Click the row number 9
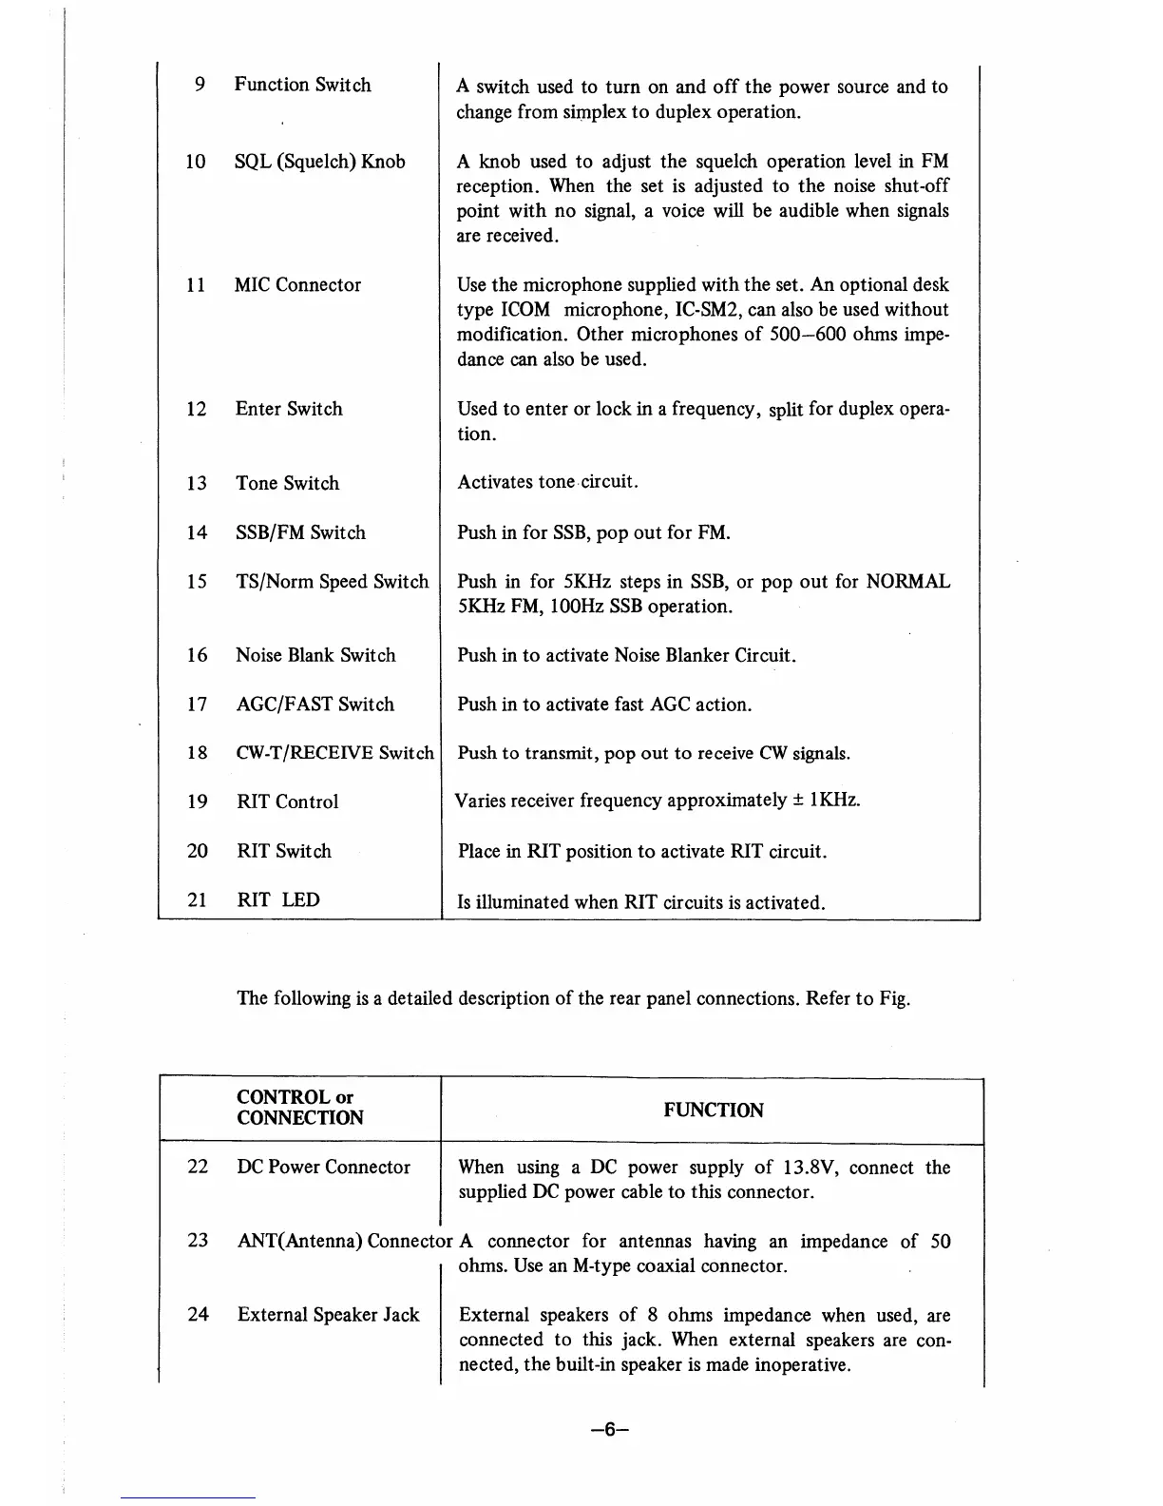tap(200, 85)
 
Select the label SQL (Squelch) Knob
tap(319, 162)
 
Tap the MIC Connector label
tap(297, 285)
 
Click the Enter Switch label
tap(289, 409)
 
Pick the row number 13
tap(197, 483)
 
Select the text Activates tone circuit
tap(547, 482)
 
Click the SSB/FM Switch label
tap(300, 532)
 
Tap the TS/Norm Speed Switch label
tap(333, 582)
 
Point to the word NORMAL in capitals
tap(907, 582)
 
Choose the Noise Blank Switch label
tap(315, 655)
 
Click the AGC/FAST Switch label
tap(315, 705)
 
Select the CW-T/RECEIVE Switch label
tap(334, 754)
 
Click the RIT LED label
tap(278, 899)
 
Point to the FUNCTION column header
tap(713, 1110)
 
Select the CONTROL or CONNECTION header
tap(300, 1108)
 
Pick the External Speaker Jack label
tap(328, 1315)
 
